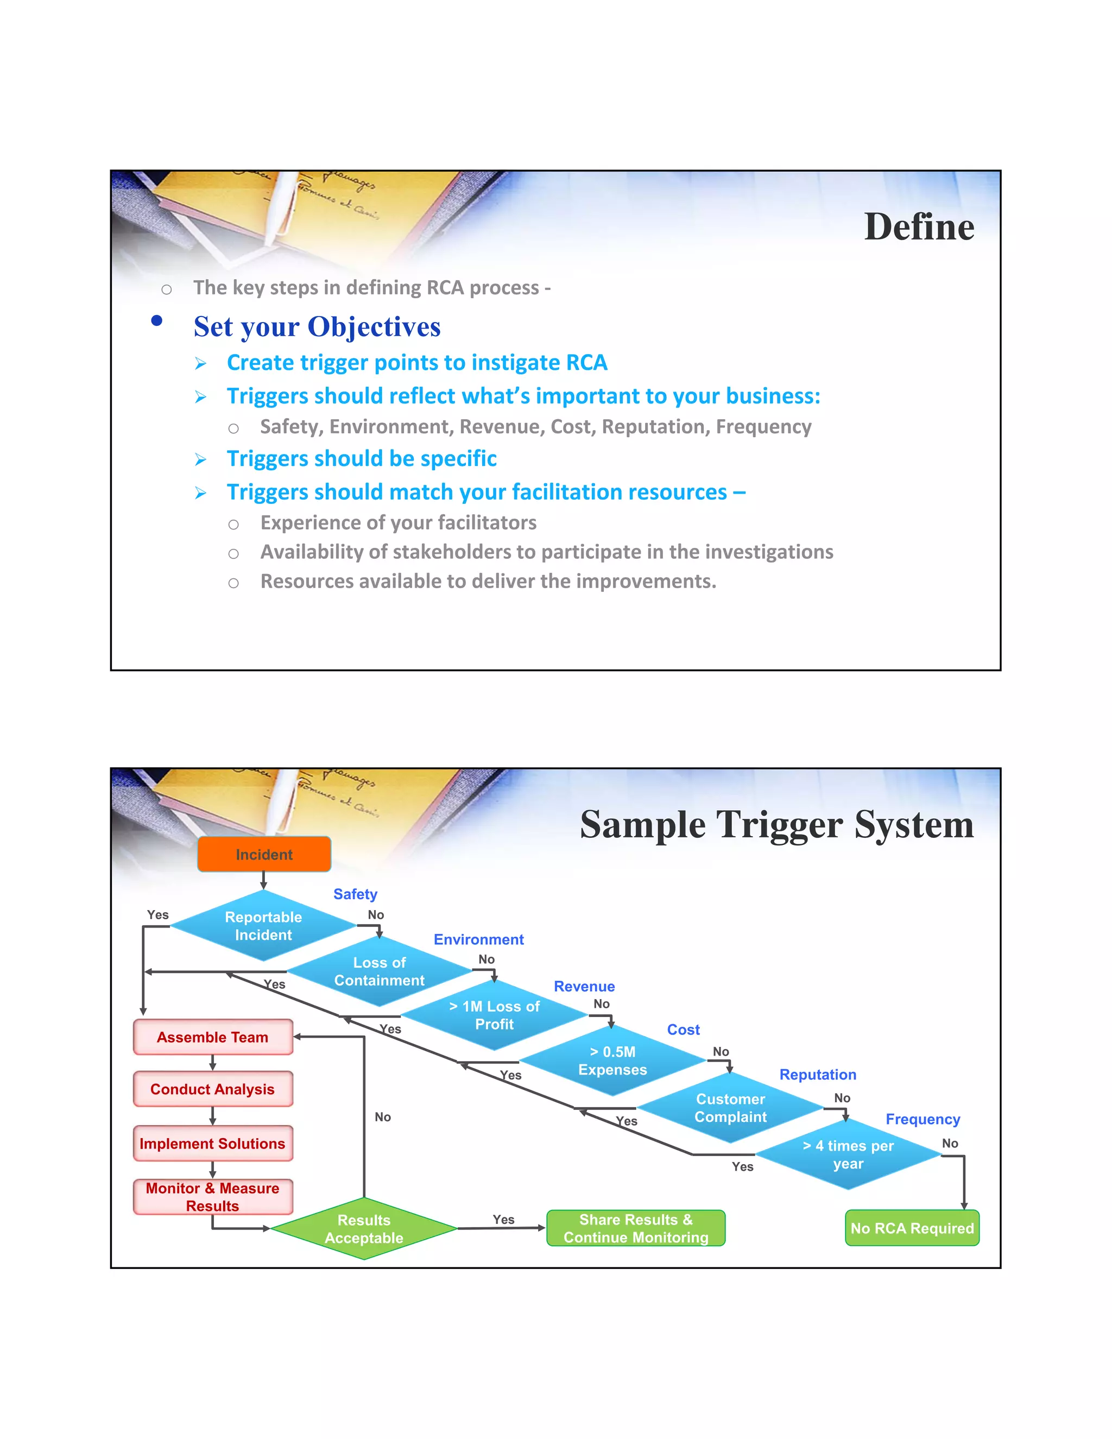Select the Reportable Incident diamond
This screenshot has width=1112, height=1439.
[x=263, y=926]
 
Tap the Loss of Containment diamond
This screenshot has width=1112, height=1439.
[x=380, y=971]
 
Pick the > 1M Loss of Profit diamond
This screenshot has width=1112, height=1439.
[x=494, y=1015]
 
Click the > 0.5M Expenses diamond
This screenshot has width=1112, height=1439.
[x=612, y=1061]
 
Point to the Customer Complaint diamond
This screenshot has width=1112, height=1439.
[x=731, y=1108]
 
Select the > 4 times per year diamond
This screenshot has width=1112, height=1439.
[x=848, y=1154]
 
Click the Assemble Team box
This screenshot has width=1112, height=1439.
[x=213, y=1037]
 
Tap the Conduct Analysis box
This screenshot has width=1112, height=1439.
[x=213, y=1089]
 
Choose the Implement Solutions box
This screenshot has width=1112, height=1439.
[x=213, y=1143]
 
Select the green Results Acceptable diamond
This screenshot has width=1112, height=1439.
[x=364, y=1229]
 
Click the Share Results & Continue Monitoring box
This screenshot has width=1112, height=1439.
[x=636, y=1228]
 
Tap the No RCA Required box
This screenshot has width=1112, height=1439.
[x=912, y=1228]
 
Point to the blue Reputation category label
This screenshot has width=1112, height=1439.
[x=818, y=1075]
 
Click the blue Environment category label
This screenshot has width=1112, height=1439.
[x=478, y=939]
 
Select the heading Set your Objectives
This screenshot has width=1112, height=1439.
[x=317, y=327]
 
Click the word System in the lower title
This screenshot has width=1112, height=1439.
[x=914, y=825]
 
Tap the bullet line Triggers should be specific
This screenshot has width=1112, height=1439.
[x=361, y=459]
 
